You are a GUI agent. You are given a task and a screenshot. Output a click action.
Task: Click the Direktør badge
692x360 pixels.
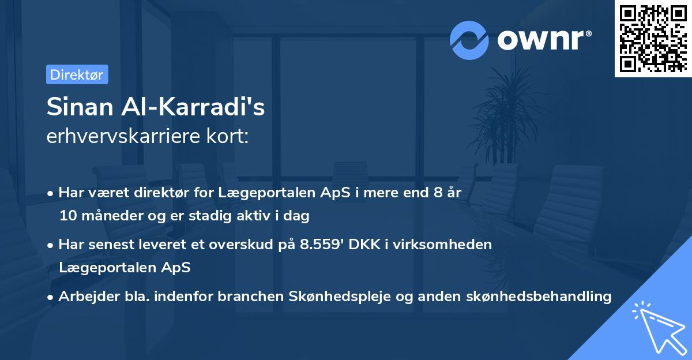point(77,74)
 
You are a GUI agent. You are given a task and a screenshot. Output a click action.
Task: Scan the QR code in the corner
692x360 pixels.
point(653,39)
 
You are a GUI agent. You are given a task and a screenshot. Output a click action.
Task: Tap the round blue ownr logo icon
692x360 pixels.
point(469,40)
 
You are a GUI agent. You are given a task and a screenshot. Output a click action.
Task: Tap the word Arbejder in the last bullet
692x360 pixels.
point(83,297)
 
